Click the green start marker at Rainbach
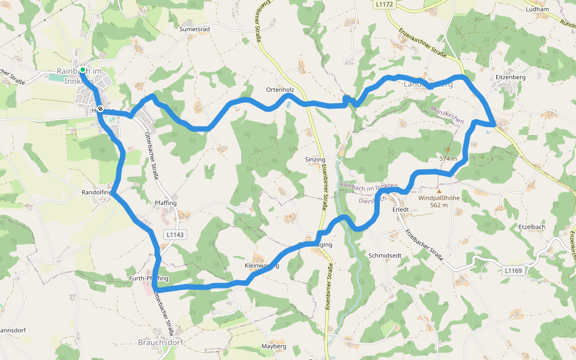(82, 70)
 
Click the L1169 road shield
(513, 271)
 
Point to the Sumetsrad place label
(194, 29)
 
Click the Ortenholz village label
(280, 89)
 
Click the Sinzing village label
(314, 160)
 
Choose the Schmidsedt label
(385, 255)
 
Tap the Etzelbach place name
(532, 227)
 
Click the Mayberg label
(274, 346)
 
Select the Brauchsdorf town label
(160, 343)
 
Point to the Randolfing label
(97, 193)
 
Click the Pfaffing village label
(166, 203)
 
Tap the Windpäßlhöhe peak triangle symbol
(439, 191)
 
